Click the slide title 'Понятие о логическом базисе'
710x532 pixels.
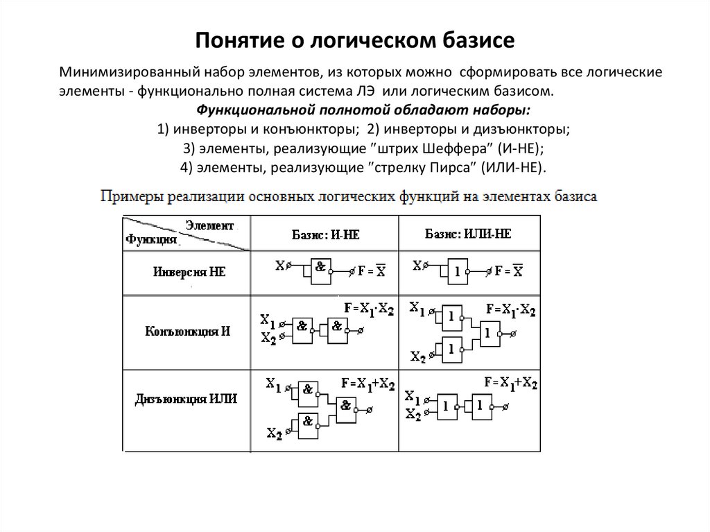coord(354,40)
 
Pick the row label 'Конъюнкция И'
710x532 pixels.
coord(187,331)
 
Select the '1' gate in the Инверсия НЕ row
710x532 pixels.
coord(457,269)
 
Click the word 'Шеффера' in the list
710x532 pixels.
coord(444,148)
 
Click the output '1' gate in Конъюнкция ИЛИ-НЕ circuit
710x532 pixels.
coord(487,332)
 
